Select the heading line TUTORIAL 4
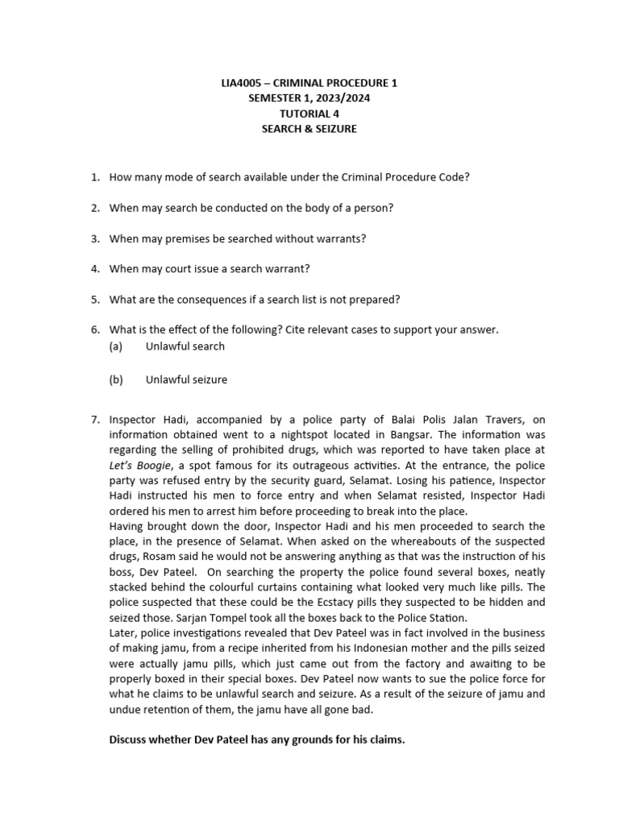coord(309,114)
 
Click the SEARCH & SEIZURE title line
coord(309,129)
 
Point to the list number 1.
coord(94,177)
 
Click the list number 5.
coord(94,300)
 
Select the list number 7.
coord(94,419)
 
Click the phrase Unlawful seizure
coord(186,379)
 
